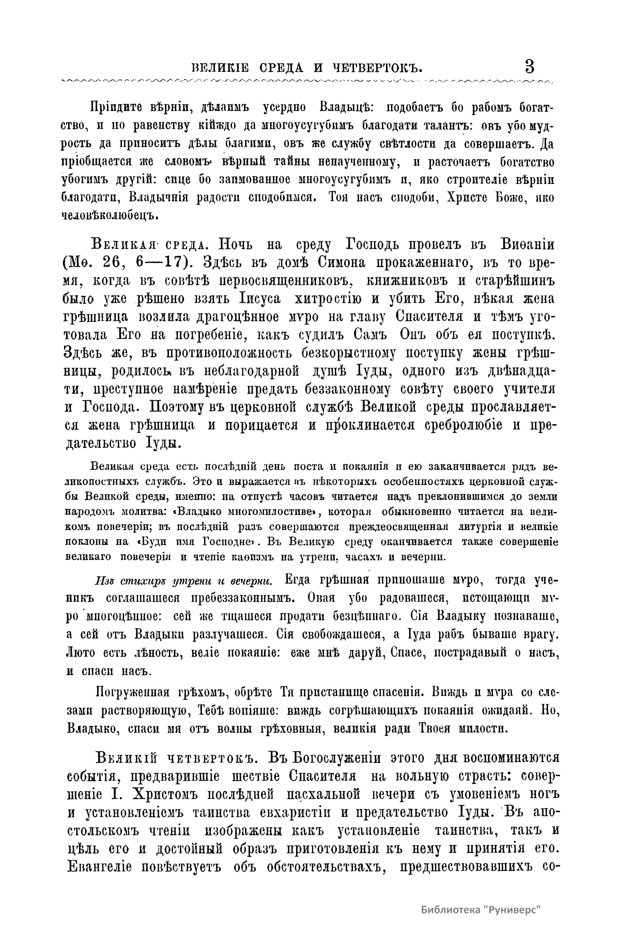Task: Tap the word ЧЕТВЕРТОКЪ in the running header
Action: [378, 68]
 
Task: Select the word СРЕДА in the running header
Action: [280, 68]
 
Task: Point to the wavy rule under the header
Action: [305, 81]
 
